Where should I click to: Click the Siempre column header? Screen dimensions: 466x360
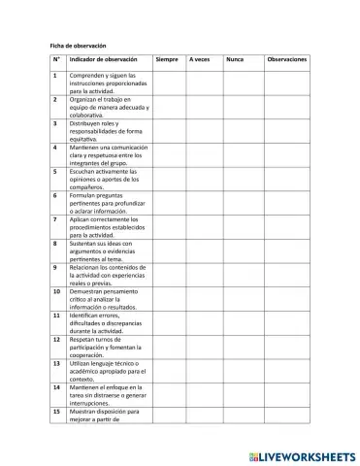pos(167,60)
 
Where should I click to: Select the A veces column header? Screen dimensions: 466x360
pos(201,60)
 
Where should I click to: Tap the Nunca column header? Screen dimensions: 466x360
pos(234,60)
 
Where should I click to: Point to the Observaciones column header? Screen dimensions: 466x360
pos(286,60)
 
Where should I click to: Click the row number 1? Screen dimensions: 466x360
pos(54,75)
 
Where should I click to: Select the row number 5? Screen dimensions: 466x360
pos(54,172)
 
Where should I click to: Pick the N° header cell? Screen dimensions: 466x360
pos(56,60)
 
